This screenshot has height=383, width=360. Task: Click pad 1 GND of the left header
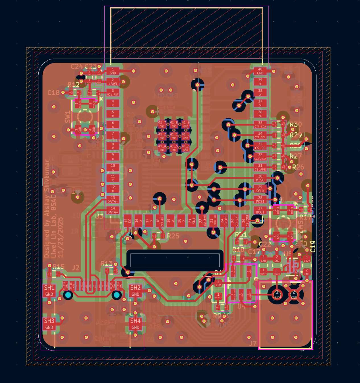[x=113, y=71]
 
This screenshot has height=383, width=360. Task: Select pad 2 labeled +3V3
[x=113, y=82]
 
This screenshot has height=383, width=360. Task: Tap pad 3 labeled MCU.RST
[x=113, y=92]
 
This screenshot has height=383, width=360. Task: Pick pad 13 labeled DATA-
[x=113, y=199]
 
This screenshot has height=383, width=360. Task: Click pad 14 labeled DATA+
[x=113, y=210]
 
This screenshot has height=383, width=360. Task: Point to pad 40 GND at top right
[x=260, y=71]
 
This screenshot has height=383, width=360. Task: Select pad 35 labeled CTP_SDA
[x=260, y=125]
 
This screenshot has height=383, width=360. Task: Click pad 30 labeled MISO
[x=260, y=178]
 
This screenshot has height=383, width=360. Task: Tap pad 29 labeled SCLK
[x=260, y=189]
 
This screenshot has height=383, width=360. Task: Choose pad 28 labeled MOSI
[x=260, y=199]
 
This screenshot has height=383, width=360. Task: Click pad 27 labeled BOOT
[x=260, y=210]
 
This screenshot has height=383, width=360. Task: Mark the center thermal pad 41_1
[x=174, y=136]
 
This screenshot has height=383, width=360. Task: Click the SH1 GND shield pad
[x=49, y=291]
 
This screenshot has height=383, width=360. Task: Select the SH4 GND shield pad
[x=135, y=324]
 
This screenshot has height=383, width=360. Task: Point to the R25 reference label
[x=173, y=236]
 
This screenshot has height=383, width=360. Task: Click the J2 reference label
[x=76, y=268]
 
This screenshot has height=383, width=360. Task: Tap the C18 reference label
[x=53, y=93]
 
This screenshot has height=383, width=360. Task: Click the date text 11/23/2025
[x=60, y=238]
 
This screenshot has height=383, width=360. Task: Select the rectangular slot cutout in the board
[x=175, y=260]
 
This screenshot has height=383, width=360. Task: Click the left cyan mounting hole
[x=68, y=295]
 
